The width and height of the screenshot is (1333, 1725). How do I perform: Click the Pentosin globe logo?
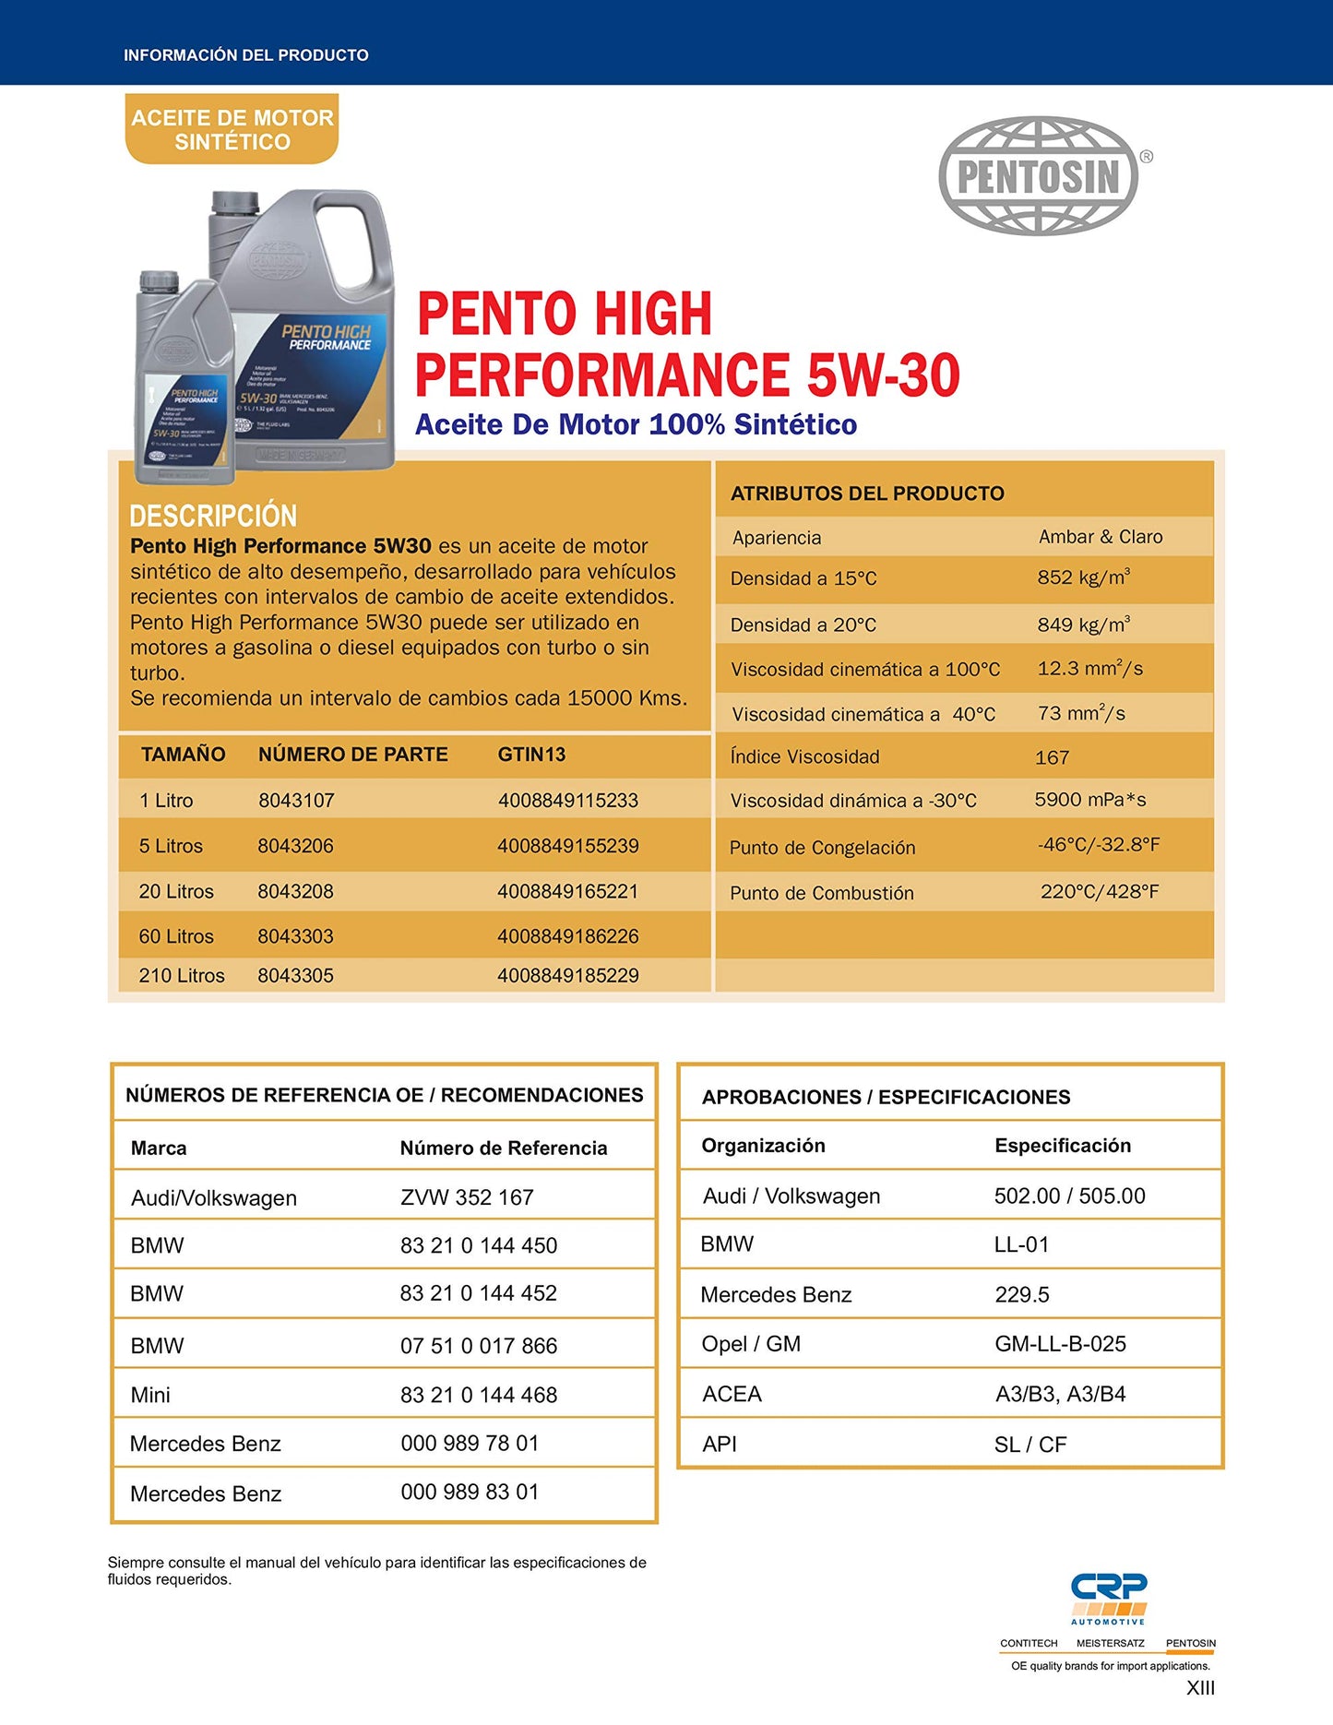coord(1039,175)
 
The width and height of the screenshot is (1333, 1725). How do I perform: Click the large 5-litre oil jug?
coord(304,332)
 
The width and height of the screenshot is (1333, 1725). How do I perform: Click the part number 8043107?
coord(296,801)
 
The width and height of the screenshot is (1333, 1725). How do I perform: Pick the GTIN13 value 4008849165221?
coord(567,892)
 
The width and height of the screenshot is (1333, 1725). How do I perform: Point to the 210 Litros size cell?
coord(182,976)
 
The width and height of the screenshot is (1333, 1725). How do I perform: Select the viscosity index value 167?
coord(1052,758)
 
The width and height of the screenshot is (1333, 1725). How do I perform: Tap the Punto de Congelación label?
coord(822,848)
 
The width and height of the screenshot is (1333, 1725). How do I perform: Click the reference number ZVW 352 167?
coord(467,1197)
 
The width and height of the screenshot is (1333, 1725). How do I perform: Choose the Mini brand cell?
coord(150,1395)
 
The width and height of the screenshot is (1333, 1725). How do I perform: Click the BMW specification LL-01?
coord(1021,1245)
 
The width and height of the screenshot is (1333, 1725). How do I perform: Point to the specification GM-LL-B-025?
coord(1060,1344)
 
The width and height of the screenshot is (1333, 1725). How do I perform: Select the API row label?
coord(720,1445)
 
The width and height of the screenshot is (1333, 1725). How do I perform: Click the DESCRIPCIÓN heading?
coord(213,516)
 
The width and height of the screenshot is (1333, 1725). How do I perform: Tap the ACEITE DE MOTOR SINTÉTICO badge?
coord(232,130)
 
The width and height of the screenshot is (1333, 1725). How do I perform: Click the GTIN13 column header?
coord(531,755)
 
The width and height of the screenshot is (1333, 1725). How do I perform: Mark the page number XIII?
coord(1200,1688)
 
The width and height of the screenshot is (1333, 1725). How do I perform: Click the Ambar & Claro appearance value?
coord(1101,537)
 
